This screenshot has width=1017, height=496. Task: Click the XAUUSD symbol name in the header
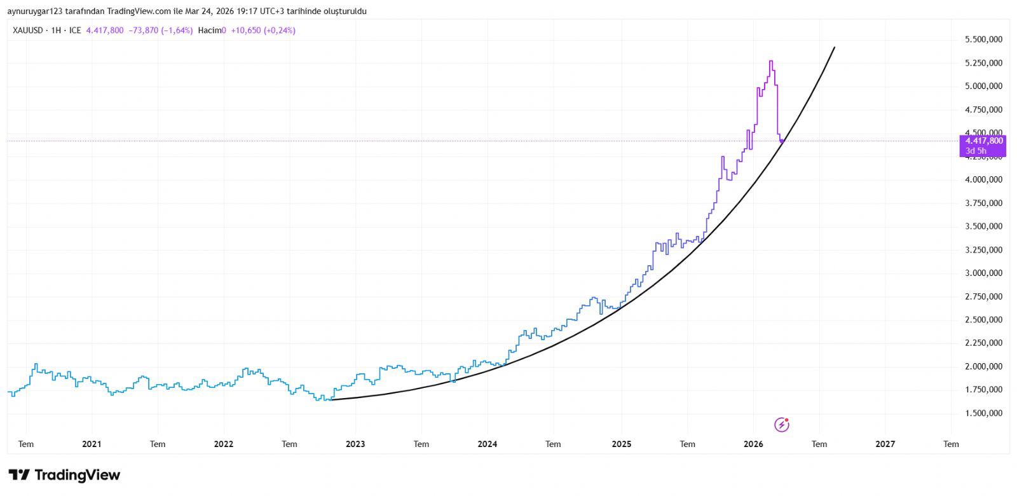point(28,31)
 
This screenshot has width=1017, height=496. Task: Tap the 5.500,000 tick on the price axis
point(983,39)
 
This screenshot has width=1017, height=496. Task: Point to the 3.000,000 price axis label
point(983,273)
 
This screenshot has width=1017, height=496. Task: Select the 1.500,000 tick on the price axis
point(983,413)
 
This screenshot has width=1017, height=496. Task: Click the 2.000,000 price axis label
point(983,366)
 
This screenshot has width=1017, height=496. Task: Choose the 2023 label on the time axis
point(355,444)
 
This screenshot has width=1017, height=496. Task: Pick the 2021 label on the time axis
point(92,444)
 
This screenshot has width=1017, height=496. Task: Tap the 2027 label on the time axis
point(885,444)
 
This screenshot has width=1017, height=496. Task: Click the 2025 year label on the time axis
point(621,444)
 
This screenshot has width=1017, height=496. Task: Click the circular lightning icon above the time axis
point(782,425)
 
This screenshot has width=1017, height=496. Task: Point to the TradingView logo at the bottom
point(64,475)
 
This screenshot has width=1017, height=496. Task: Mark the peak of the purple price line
point(771,61)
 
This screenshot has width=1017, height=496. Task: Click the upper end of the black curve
point(834,47)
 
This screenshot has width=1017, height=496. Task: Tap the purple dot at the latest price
point(782,141)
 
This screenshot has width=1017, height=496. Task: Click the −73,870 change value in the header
point(143,31)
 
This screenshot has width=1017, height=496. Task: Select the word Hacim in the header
point(210,31)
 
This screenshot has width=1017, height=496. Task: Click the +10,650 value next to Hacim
point(245,31)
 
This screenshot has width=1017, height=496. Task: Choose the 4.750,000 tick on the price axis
point(983,110)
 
